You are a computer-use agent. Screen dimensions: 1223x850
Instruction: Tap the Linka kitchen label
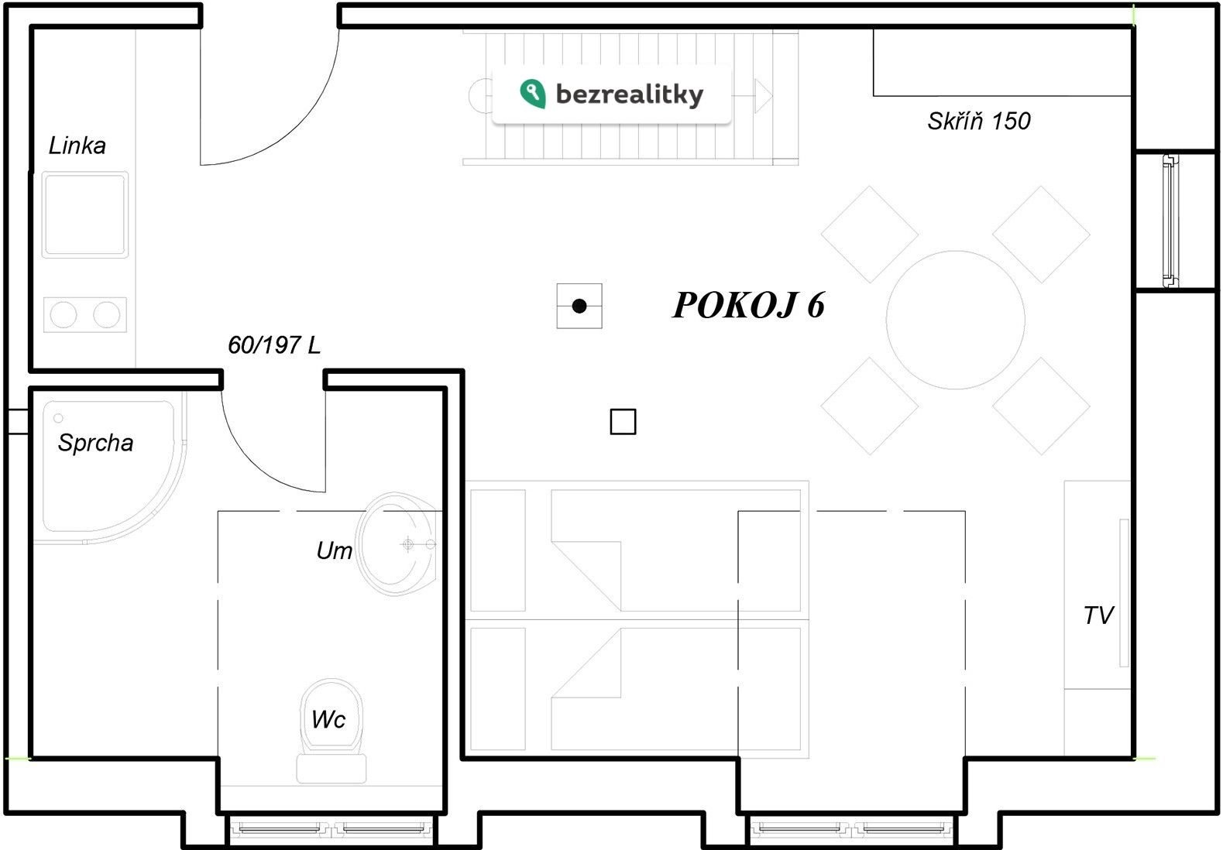(x=77, y=146)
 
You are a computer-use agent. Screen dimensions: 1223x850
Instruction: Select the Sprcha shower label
(x=95, y=443)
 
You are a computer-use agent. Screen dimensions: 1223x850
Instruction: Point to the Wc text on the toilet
(x=328, y=719)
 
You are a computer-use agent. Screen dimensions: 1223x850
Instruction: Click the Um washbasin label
(x=334, y=550)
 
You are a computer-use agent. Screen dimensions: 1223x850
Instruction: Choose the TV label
(x=1098, y=615)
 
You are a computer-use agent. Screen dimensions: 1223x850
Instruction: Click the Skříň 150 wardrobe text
(x=979, y=121)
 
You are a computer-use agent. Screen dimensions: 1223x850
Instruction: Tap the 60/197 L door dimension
(x=274, y=344)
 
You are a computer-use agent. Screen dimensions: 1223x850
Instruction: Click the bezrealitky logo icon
(x=533, y=94)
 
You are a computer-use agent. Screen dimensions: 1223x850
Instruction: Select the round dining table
(x=956, y=320)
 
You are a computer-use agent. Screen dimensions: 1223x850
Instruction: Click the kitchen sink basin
(x=85, y=214)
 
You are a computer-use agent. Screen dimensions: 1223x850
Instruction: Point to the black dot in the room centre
(x=579, y=306)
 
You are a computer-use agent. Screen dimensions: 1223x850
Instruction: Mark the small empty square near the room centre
(x=623, y=422)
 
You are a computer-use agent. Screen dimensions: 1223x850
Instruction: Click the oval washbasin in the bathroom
(x=397, y=544)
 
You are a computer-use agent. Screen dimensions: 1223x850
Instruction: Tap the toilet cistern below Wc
(x=332, y=769)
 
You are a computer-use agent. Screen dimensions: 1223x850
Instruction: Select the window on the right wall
(x=1170, y=221)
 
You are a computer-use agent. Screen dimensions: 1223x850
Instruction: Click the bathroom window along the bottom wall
(x=332, y=829)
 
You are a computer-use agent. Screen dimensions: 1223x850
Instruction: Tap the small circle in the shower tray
(x=58, y=418)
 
